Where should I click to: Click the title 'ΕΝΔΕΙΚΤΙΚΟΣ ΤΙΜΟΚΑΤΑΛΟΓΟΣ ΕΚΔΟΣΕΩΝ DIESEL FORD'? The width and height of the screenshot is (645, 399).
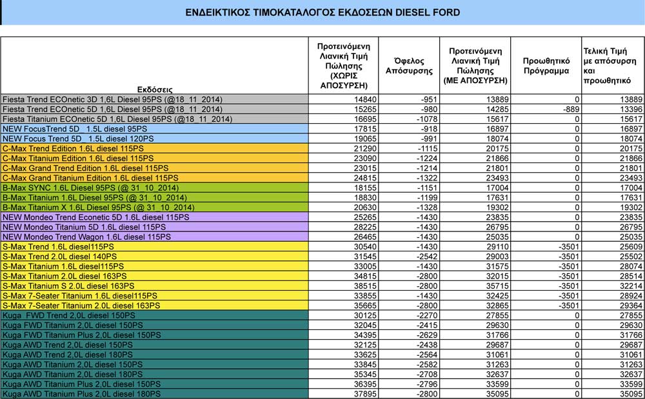pyautogui.click(x=322, y=12)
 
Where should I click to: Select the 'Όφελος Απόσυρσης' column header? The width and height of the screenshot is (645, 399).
pyautogui.click(x=408, y=66)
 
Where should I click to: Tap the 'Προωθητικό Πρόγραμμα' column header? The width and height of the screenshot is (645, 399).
pyautogui.click(x=546, y=66)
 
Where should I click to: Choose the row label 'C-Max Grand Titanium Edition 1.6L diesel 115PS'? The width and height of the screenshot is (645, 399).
pyautogui.click(x=90, y=177)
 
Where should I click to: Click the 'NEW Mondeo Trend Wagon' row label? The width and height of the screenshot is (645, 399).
pyautogui.click(x=87, y=237)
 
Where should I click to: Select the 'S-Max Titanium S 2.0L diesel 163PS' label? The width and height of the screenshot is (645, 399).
pyautogui.click(x=69, y=286)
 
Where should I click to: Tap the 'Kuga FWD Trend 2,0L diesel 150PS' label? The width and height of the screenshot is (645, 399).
pyautogui.click(x=69, y=315)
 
